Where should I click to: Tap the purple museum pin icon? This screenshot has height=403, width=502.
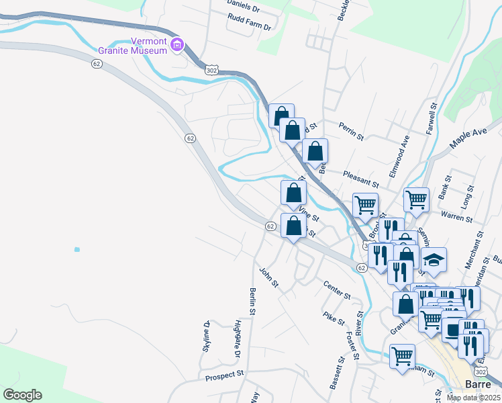(177, 46)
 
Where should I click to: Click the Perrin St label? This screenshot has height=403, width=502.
(350, 132)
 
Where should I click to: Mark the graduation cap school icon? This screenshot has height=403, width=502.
(434, 260)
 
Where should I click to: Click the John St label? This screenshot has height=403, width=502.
(268, 277)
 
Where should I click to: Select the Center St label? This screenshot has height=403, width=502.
(337, 290)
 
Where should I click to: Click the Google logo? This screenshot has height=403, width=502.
(22, 395)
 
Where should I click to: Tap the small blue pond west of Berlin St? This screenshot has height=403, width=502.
(77, 250)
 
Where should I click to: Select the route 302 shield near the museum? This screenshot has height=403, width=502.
(211, 69)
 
